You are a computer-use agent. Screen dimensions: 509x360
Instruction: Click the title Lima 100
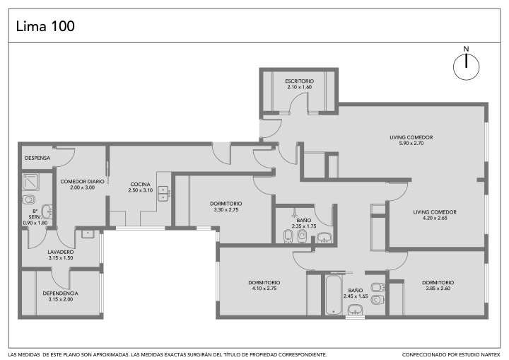[x=45, y=26]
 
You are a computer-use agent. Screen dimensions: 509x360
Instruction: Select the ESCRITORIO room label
[x=299, y=81]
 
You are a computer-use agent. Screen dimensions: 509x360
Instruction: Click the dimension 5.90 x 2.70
[x=411, y=144]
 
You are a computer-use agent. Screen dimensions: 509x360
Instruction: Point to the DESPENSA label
[x=37, y=158]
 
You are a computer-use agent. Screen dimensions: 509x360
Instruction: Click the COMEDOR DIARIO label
[x=82, y=182]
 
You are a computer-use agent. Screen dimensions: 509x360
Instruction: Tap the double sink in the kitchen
[x=163, y=194]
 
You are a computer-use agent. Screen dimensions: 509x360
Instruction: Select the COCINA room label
[x=140, y=185]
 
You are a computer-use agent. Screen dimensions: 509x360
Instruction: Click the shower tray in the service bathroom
[x=31, y=182]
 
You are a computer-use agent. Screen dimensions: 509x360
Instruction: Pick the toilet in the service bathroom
[x=28, y=199]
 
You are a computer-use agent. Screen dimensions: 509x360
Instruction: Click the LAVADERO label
[x=61, y=252]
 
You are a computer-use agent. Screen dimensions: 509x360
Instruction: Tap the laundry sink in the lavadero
[x=88, y=234]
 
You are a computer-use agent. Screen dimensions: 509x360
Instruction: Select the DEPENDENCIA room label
[x=60, y=294]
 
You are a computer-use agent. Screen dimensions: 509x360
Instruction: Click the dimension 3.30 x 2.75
[x=226, y=210]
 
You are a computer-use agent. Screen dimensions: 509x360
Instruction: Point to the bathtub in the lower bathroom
[x=334, y=295]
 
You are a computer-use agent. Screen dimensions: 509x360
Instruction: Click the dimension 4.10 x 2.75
[x=264, y=289]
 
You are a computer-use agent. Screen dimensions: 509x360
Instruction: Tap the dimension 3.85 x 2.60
[x=438, y=288]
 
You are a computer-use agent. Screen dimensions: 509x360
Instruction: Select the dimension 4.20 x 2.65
[x=435, y=218]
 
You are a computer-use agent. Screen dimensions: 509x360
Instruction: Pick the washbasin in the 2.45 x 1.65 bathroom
[x=355, y=310]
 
